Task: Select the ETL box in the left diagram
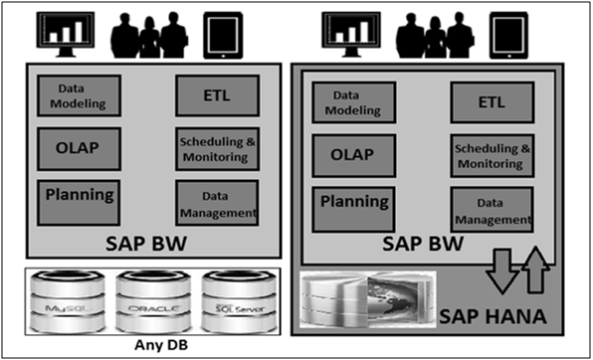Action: click(217, 95)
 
